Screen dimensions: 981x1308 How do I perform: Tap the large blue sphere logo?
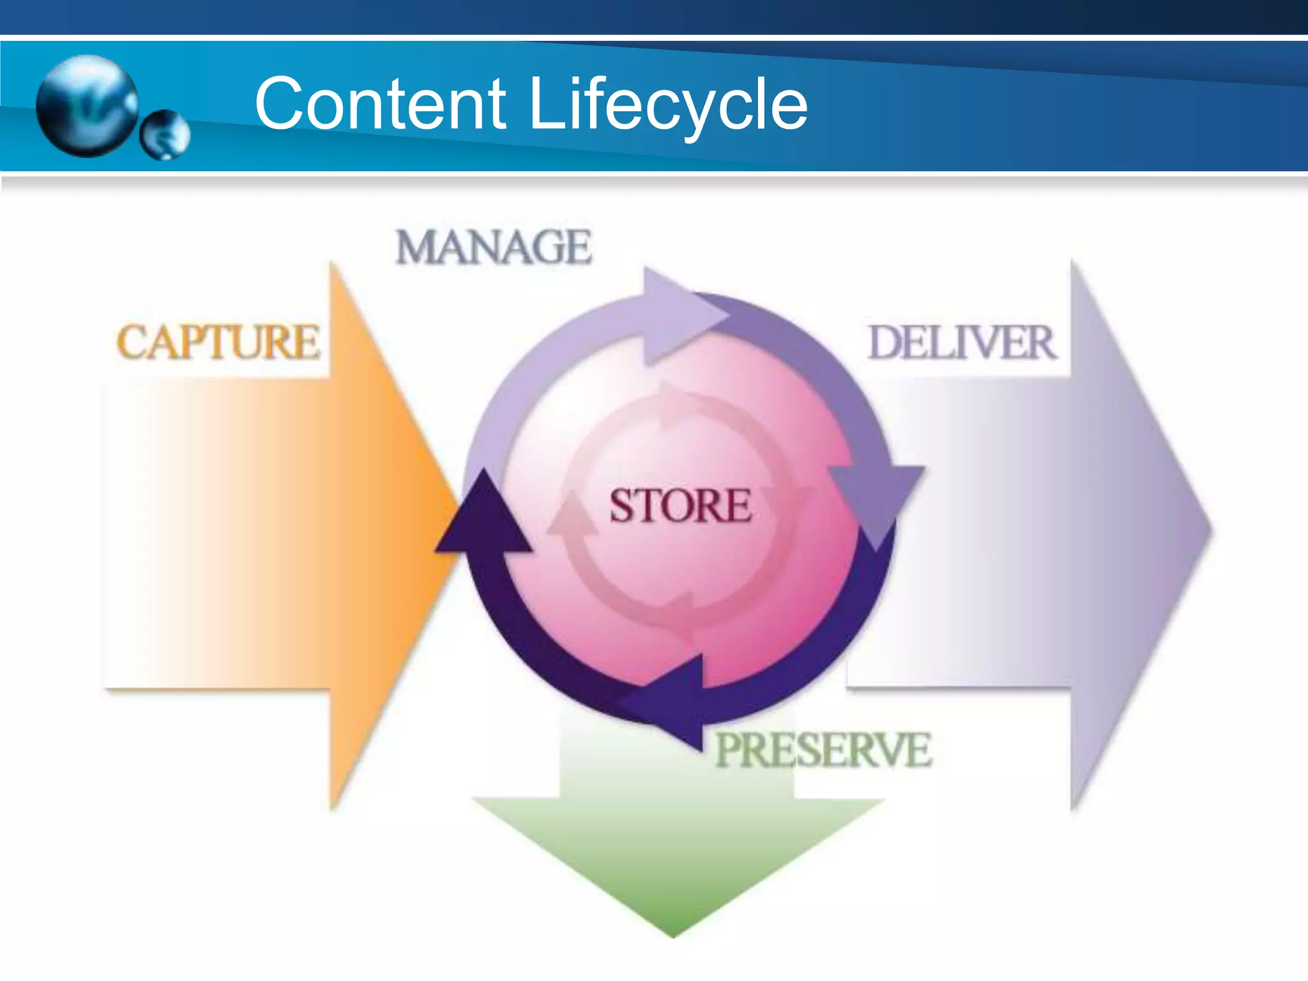[87, 105]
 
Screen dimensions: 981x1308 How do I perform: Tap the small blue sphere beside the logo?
[165, 134]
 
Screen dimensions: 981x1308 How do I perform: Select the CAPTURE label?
[218, 342]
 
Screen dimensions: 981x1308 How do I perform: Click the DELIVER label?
[962, 343]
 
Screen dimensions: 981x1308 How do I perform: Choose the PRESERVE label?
[823, 750]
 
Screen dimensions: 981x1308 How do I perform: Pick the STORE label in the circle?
[680, 506]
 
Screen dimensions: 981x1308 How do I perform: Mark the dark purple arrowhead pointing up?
[483, 517]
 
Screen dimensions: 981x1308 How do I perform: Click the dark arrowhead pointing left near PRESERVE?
[671, 699]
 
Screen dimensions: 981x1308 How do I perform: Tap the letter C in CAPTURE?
[131, 342]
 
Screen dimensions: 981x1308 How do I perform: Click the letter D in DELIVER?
[885, 343]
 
